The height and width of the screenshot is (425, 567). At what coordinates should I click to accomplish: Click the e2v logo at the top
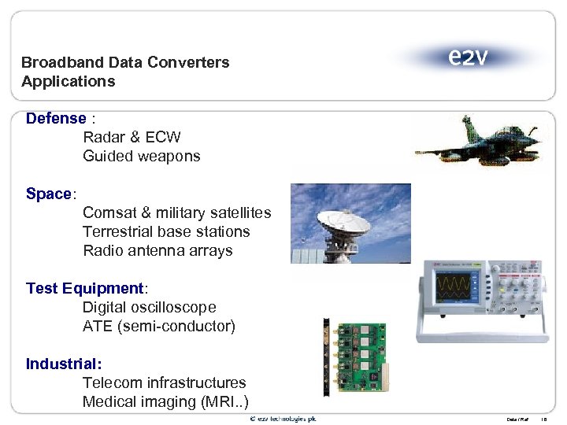pyautogui.click(x=467, y=57)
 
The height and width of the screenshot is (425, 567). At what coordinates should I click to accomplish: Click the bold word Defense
pyautogui.click(x=56, y=119)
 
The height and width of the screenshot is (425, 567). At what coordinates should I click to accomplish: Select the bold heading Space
pyautogui.click(x=48, y=194)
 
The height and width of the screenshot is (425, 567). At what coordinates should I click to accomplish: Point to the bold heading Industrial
pyautogui.click(x=64, y=364)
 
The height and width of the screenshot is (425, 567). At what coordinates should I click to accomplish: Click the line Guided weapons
pyautogui.click(x=142, y=157)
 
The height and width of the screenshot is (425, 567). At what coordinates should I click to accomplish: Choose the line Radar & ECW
pyautogui.click(x=132, y=138)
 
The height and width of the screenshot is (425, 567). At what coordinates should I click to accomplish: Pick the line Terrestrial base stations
pyautogui.click(x=166, y=232)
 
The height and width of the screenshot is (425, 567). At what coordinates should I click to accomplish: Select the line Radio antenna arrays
pyautogui.click(x=157, y=251)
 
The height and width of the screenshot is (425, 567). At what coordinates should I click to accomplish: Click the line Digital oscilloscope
pyautogui.click(x=149, y=308)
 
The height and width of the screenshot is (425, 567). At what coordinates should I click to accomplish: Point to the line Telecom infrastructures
pyautogui.click(x=164, y=383)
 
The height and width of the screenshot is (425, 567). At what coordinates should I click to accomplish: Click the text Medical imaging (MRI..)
pyautogui.click(x=165, y=402)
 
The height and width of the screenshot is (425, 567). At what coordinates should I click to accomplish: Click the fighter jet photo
pyautogui.click(x=480, y=142)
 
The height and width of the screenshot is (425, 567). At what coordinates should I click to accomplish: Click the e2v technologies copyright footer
pyautogui.click(x=283, y=419)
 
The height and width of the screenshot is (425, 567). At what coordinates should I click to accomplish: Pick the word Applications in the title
pyautogui.click(x=69, y=82)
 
